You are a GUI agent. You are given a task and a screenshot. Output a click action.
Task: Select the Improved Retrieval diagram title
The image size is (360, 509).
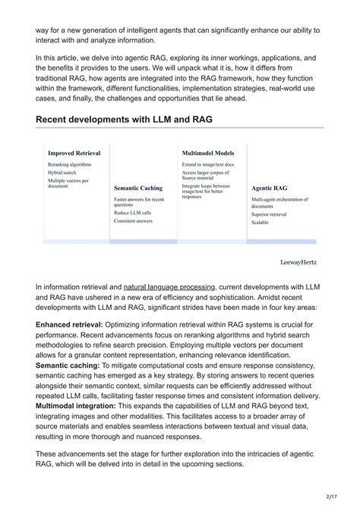pos(74,153)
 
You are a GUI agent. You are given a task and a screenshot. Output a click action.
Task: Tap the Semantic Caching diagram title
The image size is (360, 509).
pos(141,188)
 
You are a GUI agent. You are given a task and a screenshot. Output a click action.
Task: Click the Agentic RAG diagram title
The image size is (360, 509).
pos(269,188)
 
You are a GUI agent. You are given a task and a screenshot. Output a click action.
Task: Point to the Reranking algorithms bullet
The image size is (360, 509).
pos(69,164)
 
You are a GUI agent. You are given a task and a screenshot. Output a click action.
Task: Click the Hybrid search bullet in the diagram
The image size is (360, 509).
pos(63,172)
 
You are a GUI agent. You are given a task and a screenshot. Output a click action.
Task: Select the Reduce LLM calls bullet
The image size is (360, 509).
pos(132,213)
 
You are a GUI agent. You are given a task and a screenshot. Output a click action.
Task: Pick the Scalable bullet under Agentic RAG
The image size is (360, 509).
pos(261,223)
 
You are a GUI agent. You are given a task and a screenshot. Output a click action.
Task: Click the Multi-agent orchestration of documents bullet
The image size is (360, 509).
pos(278,202)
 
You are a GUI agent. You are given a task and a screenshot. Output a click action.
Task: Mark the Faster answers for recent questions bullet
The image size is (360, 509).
pos(138,201)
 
